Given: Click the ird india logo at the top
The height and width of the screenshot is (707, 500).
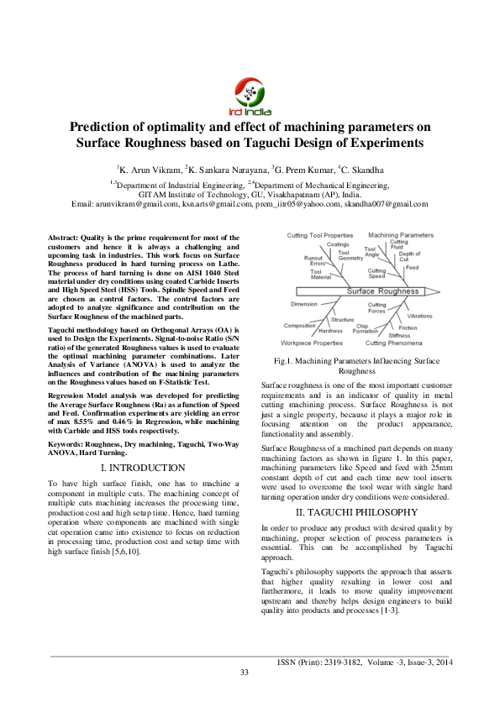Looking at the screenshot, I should pos(250,95).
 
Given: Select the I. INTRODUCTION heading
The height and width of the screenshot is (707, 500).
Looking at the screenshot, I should pos(143,467).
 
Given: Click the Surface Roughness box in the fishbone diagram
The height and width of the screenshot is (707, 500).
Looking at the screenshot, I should pos(382,291).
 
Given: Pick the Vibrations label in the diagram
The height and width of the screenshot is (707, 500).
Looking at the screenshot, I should pos(419,316).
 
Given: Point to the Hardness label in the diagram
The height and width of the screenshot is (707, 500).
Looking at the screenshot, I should pos(330,331).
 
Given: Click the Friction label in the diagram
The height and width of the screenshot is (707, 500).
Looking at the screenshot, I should pos(408,327).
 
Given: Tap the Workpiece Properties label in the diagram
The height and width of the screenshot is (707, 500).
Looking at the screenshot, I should pos(312,343).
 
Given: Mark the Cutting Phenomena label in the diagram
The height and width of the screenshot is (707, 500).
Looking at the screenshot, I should pos(394,343).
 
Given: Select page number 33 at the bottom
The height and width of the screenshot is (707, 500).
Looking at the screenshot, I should pos(245,672).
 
